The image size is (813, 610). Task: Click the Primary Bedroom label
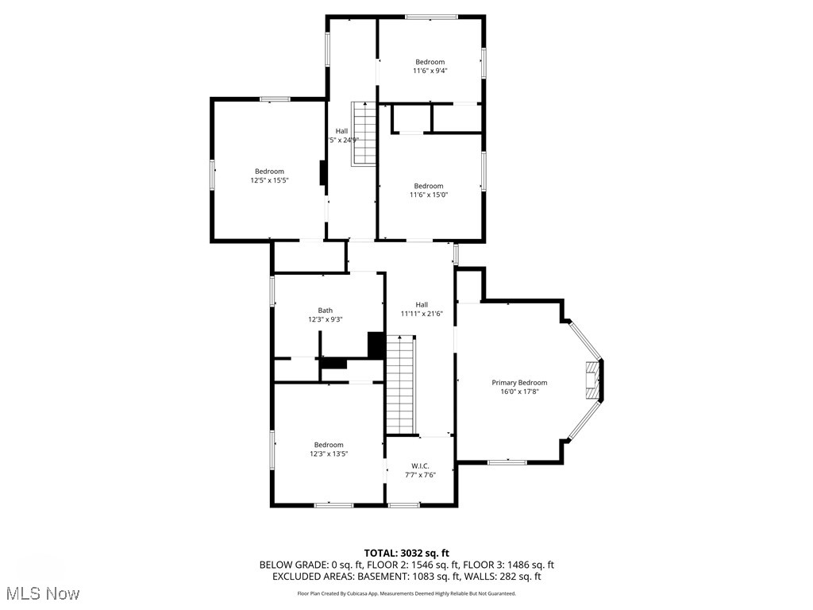[x=519, y=382]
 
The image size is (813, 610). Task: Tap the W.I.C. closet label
[x=421, y=465]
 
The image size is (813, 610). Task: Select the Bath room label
[x=326, y=311]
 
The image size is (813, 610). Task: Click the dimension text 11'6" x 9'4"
[x=430, y=71]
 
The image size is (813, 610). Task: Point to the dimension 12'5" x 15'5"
[x=269, y=180]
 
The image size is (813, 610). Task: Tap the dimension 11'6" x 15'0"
[x=429, y=195]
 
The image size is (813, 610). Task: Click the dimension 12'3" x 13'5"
[x=329, y=454]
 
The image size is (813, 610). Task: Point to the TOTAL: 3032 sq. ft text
[x=406, y=553]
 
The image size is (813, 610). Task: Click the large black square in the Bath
[x=376, y=345]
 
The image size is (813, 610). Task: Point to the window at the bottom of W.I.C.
[x=403, y=505]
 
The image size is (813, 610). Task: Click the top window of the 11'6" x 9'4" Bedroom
[x=431, y=17]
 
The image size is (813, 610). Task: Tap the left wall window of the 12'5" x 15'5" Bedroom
[x=212, y=175]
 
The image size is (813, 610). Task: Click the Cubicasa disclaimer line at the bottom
[x=406, y=593]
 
